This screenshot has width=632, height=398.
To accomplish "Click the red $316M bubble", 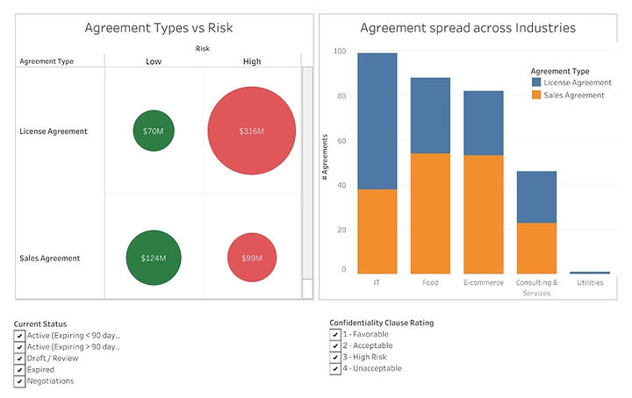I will [x=252, y=131].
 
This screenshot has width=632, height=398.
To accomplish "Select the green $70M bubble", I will [x=154, y=131].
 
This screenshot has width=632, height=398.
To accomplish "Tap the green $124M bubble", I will [x=154, y=259].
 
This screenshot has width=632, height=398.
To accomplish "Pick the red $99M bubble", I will [x=252, y=259].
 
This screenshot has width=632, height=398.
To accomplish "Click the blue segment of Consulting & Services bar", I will [x=535, y=196].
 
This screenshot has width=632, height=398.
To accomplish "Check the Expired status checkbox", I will [x=19, y=370].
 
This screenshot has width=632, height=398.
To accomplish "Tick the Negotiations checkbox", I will [x=19, y=381].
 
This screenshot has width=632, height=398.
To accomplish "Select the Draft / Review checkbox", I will [x=19, y=359].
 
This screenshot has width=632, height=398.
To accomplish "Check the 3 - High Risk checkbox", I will [x=335, y=358].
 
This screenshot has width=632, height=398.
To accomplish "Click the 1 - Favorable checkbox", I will [x=335, y=335].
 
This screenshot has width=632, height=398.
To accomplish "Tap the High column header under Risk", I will [x=252, y=61].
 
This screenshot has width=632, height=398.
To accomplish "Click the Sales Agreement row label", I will [x=50, y=259].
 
